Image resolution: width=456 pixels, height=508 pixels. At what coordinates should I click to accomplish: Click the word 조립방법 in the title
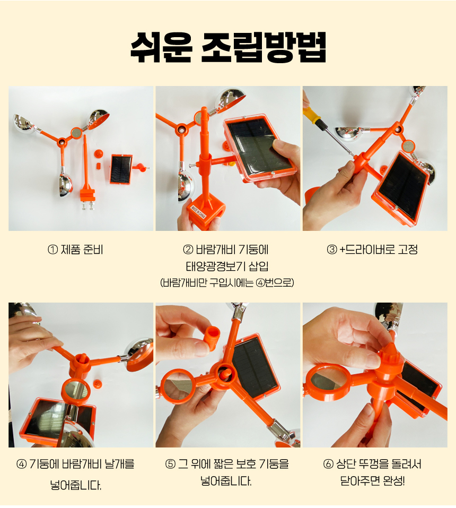[264, 47]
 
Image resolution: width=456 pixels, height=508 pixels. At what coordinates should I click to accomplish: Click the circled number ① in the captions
[52, 250]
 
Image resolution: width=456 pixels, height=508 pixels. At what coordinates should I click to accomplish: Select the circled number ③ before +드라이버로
[332, 250]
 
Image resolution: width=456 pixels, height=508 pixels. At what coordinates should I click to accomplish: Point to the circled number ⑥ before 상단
[328, 464]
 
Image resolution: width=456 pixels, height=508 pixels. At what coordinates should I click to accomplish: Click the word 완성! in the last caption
[393, 480]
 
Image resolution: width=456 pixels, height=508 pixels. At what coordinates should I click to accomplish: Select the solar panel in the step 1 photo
[121, 169]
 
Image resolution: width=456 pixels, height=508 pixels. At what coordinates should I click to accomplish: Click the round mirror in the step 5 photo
[177, 387]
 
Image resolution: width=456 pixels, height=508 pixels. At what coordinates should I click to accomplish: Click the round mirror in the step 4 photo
[76, 390]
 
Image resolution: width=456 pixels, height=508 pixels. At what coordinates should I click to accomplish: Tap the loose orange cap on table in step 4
[98, 384]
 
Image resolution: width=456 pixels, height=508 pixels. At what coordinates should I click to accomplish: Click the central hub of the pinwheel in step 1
[62, 142]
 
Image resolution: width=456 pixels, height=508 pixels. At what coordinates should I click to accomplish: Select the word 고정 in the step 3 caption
[408, 250]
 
